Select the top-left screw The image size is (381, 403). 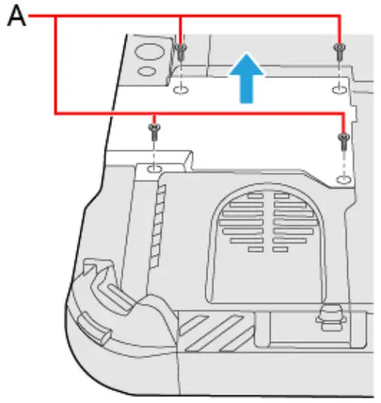(x=181, y=51)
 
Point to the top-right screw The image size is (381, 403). (x=340, y=51)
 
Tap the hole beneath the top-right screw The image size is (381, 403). (x=340, y=89)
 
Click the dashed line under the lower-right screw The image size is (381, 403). (x=343, y=162)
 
